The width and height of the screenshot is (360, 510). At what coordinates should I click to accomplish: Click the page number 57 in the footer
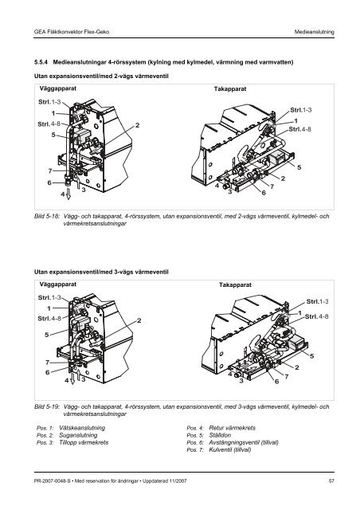331,481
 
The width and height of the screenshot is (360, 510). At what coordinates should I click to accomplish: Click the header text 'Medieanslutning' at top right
314,32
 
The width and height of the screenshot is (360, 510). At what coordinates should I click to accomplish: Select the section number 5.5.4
41,62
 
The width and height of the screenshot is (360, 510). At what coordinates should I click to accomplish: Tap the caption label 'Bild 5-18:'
47,216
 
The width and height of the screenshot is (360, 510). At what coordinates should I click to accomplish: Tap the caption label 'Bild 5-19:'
47,406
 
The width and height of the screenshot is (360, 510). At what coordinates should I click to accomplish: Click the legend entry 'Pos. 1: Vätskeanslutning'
71,428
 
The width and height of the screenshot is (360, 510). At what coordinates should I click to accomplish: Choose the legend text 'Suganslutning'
78,435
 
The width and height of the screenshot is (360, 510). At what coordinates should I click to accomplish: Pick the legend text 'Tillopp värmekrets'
84,442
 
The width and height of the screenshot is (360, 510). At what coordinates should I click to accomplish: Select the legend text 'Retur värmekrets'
233,428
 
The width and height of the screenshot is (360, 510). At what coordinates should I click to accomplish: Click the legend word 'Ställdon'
220,435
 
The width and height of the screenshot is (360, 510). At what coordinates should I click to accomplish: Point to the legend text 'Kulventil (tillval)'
230,449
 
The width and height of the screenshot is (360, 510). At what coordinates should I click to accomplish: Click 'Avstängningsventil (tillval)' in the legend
244,442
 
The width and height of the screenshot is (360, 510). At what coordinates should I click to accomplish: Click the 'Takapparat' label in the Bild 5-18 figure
230,88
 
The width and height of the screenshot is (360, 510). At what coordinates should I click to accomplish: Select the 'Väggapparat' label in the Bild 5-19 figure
58,284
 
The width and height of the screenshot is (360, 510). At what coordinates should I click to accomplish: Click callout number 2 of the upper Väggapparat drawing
138,125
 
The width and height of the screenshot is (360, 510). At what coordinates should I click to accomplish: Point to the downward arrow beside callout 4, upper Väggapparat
68,193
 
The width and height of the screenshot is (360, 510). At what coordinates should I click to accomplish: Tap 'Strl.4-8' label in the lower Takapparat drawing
316,316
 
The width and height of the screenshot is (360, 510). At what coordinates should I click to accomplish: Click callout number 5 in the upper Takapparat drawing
299,167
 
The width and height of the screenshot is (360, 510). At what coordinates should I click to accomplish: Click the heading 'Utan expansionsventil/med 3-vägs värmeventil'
101,272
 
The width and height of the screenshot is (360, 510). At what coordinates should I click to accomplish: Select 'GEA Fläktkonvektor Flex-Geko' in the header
72,32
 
